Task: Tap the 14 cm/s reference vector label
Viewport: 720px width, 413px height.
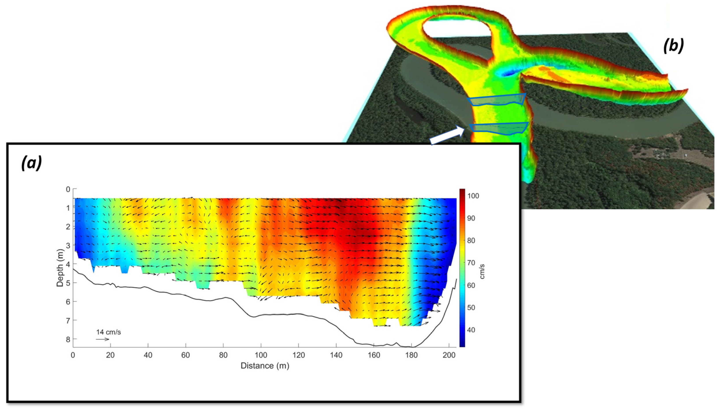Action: pos(108,332)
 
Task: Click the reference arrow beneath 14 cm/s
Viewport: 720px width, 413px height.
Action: pos(102,339)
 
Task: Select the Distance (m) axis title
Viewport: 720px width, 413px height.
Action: pos(265,366)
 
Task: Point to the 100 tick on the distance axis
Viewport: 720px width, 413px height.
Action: pos(261,355)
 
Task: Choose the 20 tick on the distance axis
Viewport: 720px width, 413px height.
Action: pos(110,355)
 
